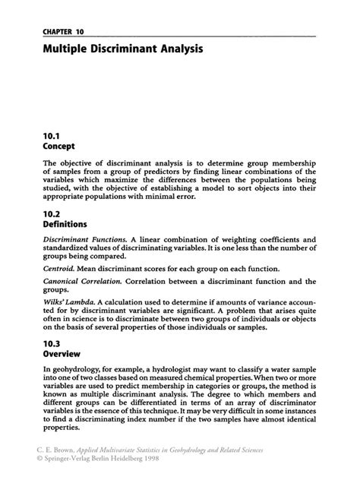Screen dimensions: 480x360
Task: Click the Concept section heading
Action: pos(60,144)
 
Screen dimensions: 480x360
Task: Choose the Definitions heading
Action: pos(66,225)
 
